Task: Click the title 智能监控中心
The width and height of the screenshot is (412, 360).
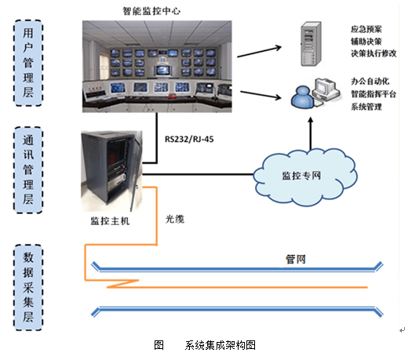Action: [x=151, y=11]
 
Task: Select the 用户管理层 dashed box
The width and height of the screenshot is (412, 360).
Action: [x=28, y=63]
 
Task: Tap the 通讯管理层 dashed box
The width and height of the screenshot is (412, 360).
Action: [x=28, y=170]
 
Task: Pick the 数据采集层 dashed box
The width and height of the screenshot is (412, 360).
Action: [x=28, y=288]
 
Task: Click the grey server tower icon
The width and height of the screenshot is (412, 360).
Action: [x=311, y=44]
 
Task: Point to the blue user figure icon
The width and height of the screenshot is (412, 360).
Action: [x=303, y=96]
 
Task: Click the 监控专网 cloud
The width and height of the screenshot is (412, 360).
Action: [x=305, y=177]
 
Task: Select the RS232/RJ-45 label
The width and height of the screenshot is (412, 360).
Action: [x=189, y=139]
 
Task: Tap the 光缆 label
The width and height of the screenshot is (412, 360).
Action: [x=175, y=219]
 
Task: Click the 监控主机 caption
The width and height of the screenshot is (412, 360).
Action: [x=110, y=221]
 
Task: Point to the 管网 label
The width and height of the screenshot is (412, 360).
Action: [x=296, y=260]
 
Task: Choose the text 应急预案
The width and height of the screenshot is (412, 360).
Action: [x=366, y=29]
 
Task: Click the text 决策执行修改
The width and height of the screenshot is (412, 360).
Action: [x=374, y=53]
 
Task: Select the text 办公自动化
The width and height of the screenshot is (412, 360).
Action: [x=370, y=82]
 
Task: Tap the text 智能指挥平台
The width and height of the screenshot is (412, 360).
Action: [x=374, y=94]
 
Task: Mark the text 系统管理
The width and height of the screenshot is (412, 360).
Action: [x=366, y=107]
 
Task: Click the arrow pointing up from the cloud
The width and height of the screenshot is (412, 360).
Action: [x=311, y=133]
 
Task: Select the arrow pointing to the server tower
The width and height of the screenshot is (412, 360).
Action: [x=259, y=51]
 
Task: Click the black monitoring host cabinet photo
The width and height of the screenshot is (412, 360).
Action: [x=111, y=171]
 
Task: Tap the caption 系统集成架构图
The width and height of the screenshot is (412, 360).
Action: [x=221, y=345]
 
